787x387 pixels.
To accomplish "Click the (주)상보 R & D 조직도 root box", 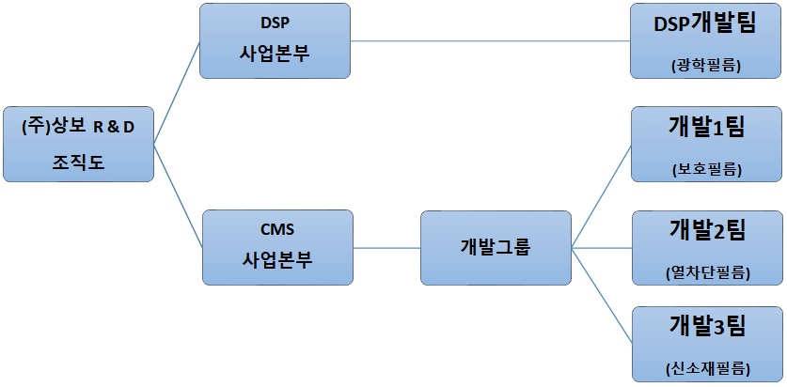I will click(77, 144).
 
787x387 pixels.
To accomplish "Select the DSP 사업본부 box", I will click(275, 40).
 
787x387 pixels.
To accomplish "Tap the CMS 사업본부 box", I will click(278, 247).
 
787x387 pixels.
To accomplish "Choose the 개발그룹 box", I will click(495, 247).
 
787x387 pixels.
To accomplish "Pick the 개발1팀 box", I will click(706, 144).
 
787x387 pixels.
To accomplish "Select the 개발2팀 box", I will click(706, 247).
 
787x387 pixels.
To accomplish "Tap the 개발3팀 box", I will click(706, 344).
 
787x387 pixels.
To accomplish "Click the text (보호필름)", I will click(706, 170).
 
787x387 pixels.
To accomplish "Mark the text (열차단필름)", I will click(706, 273).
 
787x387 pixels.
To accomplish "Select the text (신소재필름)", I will click(706, 369).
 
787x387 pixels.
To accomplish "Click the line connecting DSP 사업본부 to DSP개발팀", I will click(489, 40).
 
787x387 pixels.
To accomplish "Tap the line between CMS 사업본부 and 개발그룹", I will click(386, 248).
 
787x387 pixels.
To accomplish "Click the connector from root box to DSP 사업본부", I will click(177, 92).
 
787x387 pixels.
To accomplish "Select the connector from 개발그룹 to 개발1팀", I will click(601, 195).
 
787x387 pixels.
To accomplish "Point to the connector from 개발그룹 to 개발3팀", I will click(601, 296).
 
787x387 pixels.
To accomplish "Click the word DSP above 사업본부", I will click(275, 23).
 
